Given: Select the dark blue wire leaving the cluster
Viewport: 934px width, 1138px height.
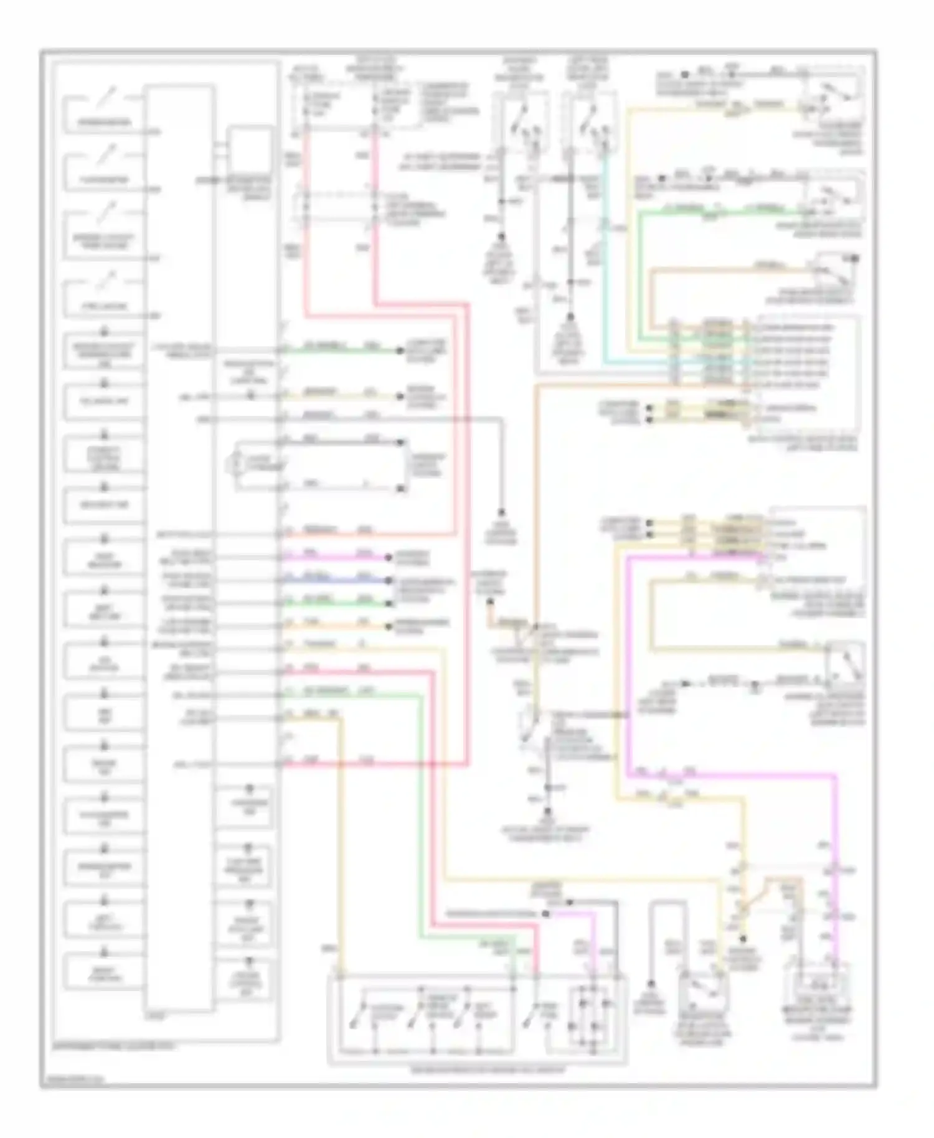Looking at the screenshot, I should point(336,581).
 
